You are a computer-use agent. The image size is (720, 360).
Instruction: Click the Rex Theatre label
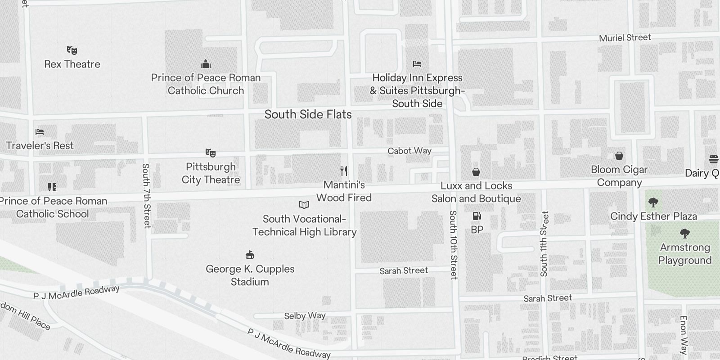coord(72,64)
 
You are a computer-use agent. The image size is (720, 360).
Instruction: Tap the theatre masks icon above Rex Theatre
coord(72,50)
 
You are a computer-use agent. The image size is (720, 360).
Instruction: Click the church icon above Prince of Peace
coord(206,64)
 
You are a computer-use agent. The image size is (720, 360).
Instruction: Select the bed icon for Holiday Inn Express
coord(417,64)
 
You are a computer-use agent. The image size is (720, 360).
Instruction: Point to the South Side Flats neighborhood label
coord(308,114)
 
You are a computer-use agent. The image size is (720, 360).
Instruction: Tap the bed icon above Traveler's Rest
coord(40,132)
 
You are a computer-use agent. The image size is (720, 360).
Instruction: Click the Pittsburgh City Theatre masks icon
coord(210,153)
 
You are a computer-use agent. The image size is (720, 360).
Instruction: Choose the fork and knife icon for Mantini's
coord(344,171)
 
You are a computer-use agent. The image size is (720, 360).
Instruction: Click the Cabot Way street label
coord(409,151)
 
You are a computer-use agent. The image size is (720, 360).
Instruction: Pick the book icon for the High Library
coord(304,205)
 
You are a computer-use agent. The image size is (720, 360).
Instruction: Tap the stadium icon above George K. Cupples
coord(250,255)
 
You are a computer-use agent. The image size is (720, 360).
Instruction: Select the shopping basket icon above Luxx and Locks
coord(476,172)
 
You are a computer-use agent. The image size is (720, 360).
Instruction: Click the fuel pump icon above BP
coord(477,216)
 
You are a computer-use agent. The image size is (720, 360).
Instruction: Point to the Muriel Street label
coord(625,38)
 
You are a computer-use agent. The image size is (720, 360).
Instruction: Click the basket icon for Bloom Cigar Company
coord(619,156)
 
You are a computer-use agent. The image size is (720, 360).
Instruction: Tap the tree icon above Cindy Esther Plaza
coord(653,202)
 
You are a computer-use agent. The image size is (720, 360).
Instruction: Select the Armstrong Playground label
coord(685,254)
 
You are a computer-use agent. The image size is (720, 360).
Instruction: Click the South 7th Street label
coord(146,196)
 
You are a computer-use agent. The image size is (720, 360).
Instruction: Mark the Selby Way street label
coord(305,316)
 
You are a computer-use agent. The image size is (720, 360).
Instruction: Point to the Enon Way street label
coord(684,335)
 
